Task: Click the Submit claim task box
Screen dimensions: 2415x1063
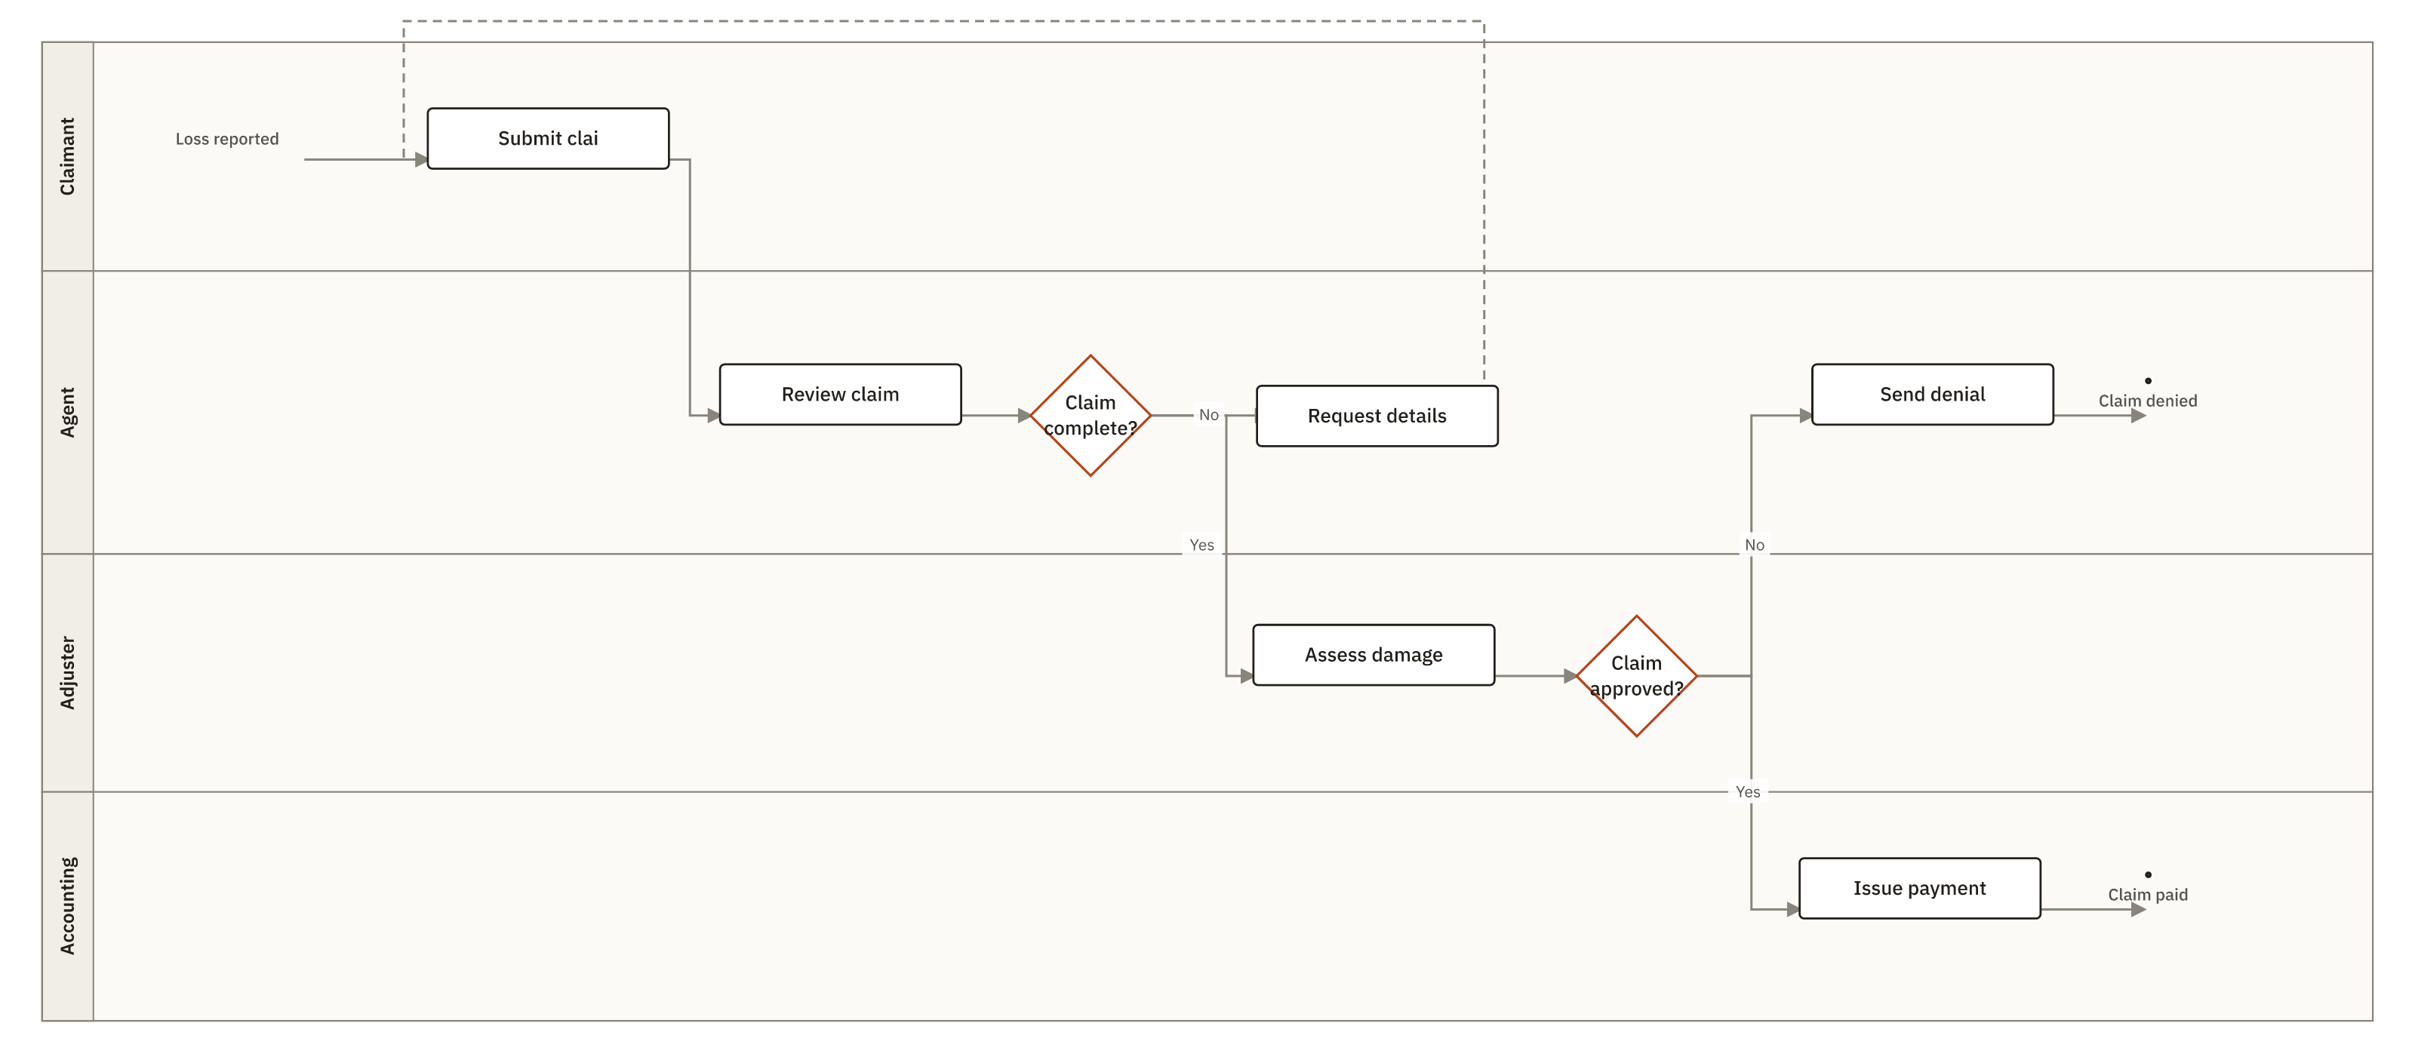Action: (549, 139)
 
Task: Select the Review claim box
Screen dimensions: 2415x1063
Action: (840, 395)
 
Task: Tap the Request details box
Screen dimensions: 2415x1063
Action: (1377, 416)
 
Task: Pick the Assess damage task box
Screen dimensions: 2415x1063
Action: (1374, 656)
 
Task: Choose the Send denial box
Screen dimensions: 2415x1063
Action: (1932, 395)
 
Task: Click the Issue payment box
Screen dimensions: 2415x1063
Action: (1919, 889)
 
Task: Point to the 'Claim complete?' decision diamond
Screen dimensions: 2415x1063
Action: (1091, 415)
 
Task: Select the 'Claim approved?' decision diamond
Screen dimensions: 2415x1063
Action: (1637, 676)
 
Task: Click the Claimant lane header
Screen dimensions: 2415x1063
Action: (67, 156)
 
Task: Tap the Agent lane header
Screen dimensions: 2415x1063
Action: (67, 413)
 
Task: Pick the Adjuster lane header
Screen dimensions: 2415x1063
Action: (67, 673)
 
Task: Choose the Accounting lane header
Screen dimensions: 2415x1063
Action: (67, 907)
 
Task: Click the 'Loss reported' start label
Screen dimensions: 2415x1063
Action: (227, 139)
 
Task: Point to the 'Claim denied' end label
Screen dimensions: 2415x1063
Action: (2148, 401)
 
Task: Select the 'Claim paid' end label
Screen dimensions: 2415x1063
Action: (2148, 896)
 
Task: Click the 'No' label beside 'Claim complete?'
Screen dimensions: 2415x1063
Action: (1209, 415)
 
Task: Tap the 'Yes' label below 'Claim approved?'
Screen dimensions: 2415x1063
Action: (1749, 792)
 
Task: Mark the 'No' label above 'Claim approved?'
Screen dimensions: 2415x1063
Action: (1755, 545)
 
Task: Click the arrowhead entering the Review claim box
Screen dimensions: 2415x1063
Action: (713, 415)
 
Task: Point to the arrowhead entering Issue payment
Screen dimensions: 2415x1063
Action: (1792, 909)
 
